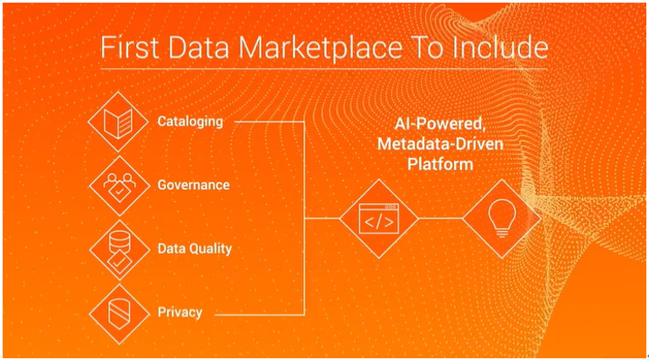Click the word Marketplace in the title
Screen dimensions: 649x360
[320, 48]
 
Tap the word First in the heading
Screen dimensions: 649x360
[130, 47]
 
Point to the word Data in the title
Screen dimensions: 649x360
[198, 47]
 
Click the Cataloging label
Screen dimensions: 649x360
[190, 122]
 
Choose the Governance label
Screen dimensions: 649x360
[193, 185]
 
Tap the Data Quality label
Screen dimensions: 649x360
[195, 248]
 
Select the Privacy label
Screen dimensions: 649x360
[180, 313]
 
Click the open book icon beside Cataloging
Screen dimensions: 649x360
[118, 122]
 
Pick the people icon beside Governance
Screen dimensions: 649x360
[119, 187]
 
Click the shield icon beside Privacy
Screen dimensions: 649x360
[119, 314]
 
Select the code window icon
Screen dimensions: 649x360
[379, 219]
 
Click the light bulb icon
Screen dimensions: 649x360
[502, 218]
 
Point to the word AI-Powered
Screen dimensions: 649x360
[440, 124]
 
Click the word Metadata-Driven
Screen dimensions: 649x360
[440, 144]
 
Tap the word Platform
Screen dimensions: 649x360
[440, 164]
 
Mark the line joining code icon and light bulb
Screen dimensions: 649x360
[440, 219]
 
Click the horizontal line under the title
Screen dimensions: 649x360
[324, 68]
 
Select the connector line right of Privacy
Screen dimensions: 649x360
[260, 315]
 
